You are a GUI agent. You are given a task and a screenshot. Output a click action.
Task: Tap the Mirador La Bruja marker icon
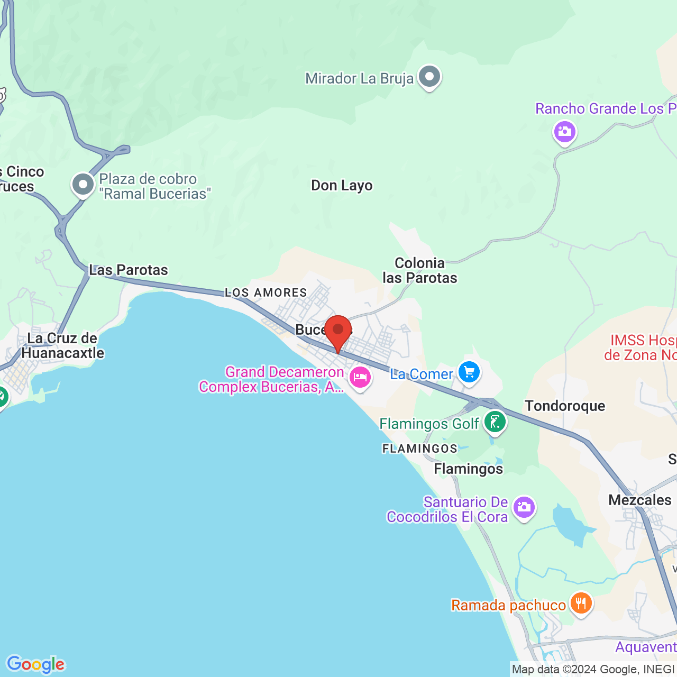click(x=429, y=77)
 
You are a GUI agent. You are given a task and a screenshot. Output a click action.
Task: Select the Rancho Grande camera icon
click(x=564, y=132)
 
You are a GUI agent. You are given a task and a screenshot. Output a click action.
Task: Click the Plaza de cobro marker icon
click(x=83, y=185)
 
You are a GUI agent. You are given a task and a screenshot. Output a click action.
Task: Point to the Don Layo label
click(x=342, y=186)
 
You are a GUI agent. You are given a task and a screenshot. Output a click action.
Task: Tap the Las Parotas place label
click(x=129, y=270)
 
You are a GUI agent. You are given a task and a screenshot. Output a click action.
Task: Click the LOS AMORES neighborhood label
click(x=266, y=292)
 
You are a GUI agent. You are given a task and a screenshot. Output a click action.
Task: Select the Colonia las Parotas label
click(x=420, y=270)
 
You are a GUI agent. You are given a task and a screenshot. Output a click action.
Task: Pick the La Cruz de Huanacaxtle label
click(x=62, y=346)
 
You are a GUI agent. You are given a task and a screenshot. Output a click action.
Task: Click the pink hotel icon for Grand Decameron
click(x=360, y=378)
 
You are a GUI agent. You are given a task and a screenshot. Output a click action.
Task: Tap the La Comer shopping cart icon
click(x=469, y=372)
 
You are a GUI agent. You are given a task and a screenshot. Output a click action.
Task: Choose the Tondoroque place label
click(x=565, y=406)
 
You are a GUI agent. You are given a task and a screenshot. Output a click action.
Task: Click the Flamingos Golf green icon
click(x=495, y=423)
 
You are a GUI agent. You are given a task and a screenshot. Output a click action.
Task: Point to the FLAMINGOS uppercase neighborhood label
click(x=420, y=449)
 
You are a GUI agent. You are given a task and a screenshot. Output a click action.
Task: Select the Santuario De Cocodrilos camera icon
click(x=524, y=507)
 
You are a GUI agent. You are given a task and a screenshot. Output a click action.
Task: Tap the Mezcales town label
click(x=640, y=500)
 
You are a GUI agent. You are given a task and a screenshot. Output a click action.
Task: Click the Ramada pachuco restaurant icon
click(x=581, y=603)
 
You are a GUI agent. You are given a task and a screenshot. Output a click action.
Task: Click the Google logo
click(x=35, y=664)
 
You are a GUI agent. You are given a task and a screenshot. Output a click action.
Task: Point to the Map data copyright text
click(x=593, y=670)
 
